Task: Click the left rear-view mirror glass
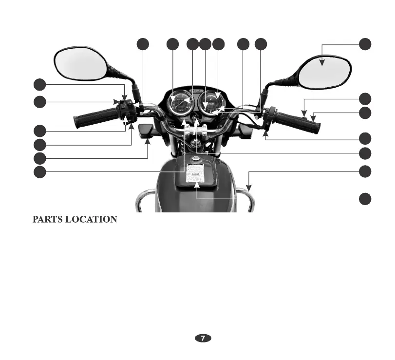point(80,63)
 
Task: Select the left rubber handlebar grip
point(96,117)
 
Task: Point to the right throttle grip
point(298,121)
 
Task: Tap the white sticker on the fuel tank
point(195,172)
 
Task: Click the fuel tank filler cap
point(195,159)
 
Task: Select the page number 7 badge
point(203,338)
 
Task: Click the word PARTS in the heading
point(48,220)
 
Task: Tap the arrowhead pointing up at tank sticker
point(197,185)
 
